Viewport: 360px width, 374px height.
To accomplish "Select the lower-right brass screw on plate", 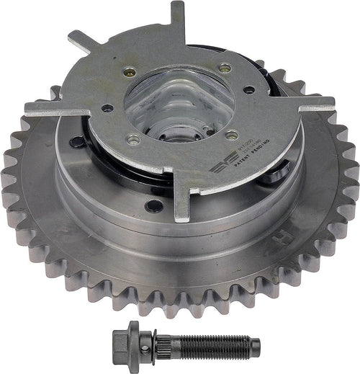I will [232, 134].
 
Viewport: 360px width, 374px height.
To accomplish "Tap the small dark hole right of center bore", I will [247, 91].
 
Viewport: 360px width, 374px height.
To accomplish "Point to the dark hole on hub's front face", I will [153, 205].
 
